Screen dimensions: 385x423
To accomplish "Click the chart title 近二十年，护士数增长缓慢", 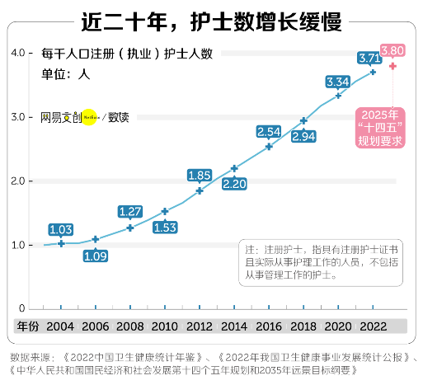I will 212,21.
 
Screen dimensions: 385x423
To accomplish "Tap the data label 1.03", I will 61,229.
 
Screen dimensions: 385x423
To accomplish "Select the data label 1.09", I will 96,256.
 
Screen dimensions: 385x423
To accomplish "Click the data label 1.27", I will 130,212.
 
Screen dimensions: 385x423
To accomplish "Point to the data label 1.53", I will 165,228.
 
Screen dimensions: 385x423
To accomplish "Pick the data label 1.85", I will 200,176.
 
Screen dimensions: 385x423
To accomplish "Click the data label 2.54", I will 269,132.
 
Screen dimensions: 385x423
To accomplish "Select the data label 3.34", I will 338,82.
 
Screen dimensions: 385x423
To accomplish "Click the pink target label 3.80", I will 392,50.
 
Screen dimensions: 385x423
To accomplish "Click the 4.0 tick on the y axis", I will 19,54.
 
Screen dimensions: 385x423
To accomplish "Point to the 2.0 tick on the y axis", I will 19,181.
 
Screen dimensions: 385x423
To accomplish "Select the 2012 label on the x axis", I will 200,326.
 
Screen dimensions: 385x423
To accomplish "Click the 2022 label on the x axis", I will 373,326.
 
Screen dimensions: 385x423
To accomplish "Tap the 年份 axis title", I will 27,326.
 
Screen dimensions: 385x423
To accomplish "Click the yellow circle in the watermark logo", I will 90,117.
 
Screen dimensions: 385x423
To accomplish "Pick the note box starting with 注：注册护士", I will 322,263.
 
